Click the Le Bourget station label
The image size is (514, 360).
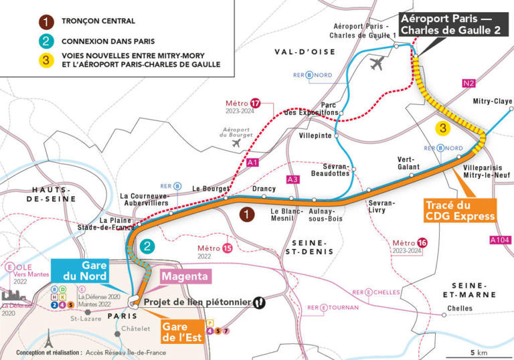click(207, 189)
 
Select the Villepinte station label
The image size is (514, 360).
click(313, 135)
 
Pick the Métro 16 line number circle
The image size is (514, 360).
click(422, 242)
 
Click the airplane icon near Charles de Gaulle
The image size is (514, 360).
click(378, 64)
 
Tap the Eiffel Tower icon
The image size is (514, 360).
click(48, 339)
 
